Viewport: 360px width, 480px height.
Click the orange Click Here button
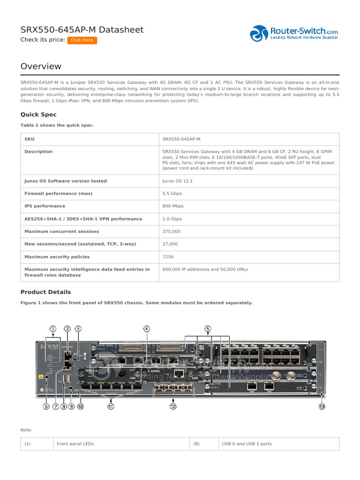click(82, 40)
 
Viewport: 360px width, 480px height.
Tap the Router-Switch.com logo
click(294, 33)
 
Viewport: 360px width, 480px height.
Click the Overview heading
click(41, 67)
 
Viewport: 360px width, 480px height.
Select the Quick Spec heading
click(38, 114)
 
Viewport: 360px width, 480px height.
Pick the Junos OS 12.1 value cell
click(178, 181)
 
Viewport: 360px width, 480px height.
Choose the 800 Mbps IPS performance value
click(173, 206)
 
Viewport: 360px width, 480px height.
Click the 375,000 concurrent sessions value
click(172, 232)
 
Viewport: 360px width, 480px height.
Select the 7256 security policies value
click(168, 257)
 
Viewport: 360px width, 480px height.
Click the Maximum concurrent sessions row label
click(61, 232)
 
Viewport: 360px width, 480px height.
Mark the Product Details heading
click(45, 292)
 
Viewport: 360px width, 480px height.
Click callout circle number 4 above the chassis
click(147, 329)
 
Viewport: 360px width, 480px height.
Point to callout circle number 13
click(322, 406)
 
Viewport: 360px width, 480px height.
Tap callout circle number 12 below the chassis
click(173, 406)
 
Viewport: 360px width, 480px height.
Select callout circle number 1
click(53, 329)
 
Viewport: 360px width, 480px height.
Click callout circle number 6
click(46, 406)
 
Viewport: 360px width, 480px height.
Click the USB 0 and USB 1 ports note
click(247, 444)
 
